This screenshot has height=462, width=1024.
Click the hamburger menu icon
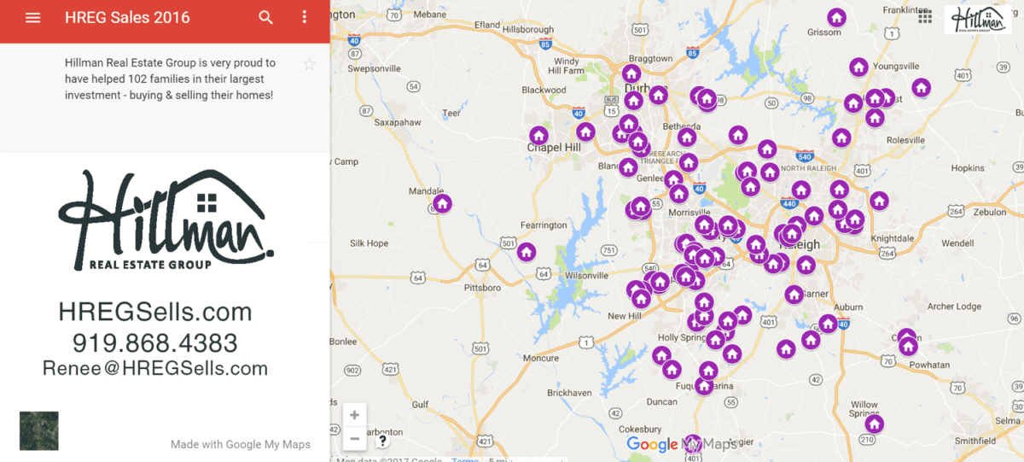(x=33, y=18)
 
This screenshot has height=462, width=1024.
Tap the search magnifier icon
(x=266, y=18)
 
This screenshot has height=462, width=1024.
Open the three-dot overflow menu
(x=305, y=18)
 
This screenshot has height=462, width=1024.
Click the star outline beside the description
(x=309, y=64)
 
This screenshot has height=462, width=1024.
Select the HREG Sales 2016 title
(x=127, y=18)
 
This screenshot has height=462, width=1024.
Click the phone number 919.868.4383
(x=154, y=343)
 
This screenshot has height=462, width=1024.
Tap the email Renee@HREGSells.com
(x=155, y=368)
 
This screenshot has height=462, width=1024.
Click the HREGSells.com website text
(x=155, y=312)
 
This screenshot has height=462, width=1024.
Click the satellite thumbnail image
(x=39, y=430)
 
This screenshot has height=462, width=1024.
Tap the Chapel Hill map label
(x=555, y=147)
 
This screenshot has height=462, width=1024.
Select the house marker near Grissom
(x=836, y=17)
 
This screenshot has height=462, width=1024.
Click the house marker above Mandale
(x=442, y=203)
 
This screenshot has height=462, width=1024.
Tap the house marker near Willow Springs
(x=874, y=424)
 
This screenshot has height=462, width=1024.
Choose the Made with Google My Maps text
(x=240, y=444)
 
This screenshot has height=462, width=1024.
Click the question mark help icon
(x=382, y=441)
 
